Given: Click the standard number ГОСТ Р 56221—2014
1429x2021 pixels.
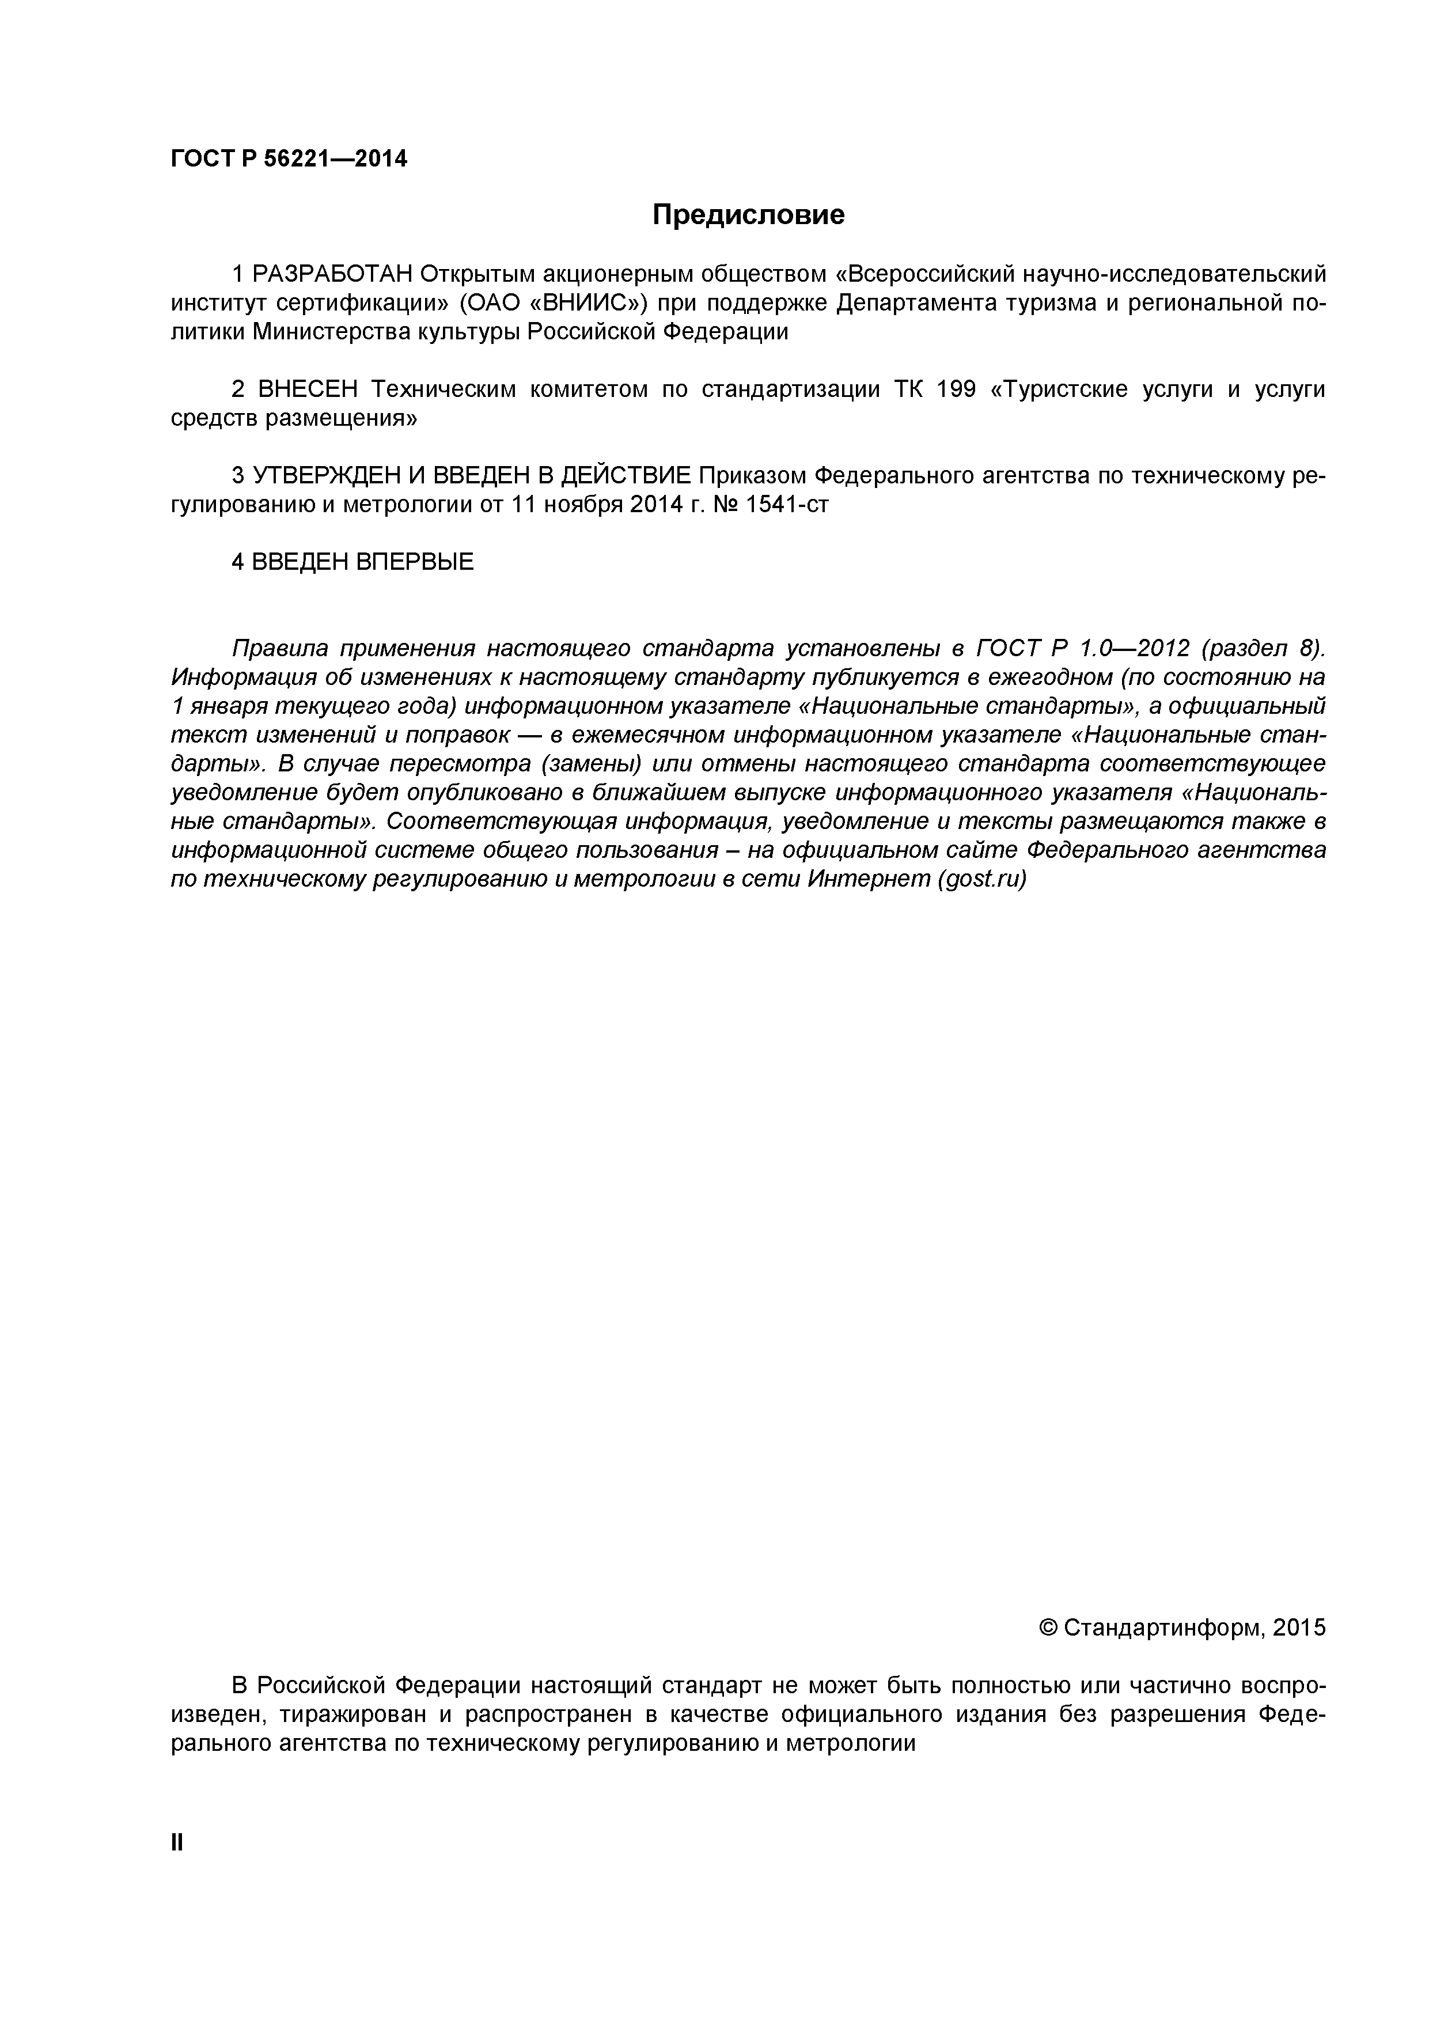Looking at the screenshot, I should [289, 160].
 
